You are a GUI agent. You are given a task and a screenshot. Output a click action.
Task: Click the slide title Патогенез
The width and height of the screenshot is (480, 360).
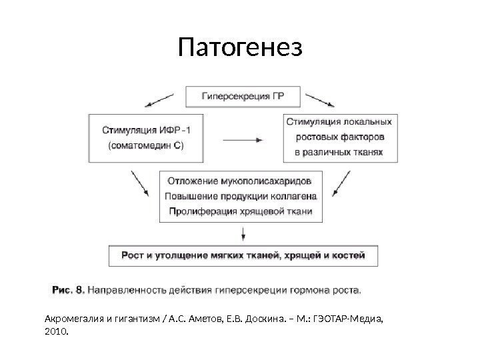point(240,48)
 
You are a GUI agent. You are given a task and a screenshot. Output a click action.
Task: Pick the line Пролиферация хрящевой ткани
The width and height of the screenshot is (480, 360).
point(239,212)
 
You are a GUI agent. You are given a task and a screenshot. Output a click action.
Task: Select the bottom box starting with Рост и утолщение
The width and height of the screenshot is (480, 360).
point(243,255)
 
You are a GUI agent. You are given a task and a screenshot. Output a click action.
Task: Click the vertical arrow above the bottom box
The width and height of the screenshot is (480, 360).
point(243,233)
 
